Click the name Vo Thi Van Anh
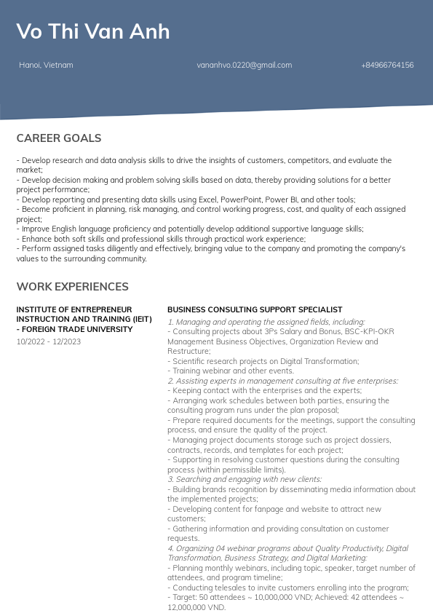point(93,31)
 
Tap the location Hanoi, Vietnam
point(46,66)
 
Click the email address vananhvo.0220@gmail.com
point(244,66)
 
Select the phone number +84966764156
point(387,66)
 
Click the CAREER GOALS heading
point(59,138)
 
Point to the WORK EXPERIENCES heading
point(72,287)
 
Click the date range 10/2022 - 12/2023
point(49,341)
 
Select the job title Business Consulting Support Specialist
point(255,309)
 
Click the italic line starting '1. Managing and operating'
point(266,322)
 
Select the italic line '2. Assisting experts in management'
point(282,381)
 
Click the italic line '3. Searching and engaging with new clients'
point(245,479)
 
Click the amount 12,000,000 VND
point(195,607)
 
